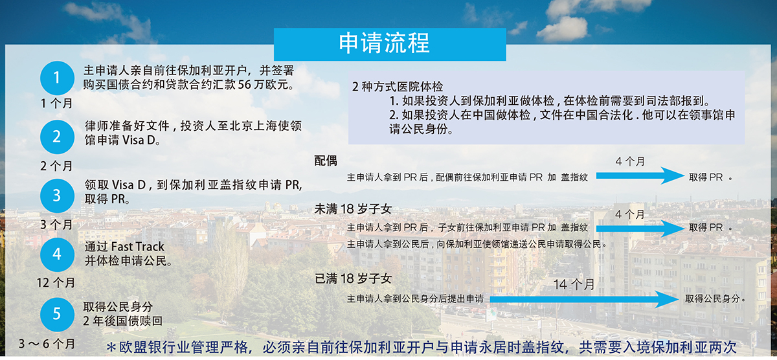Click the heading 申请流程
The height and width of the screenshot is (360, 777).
384,43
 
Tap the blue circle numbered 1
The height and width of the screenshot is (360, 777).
57,78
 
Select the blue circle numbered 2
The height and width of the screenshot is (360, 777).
57,137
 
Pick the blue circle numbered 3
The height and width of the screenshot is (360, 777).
57,196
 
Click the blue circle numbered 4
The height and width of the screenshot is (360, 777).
57,255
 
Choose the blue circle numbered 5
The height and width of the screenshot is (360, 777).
57,315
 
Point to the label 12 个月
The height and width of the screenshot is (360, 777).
56,283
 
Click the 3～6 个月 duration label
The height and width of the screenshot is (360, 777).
47,344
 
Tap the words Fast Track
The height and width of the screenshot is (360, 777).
138,247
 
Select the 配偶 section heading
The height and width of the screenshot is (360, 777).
325,161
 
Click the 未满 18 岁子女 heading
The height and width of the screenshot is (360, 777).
353,208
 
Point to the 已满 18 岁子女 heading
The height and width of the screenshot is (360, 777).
353,278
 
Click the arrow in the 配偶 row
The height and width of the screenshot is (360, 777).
640,176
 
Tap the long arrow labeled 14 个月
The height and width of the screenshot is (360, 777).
584,299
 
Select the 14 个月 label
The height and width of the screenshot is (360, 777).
574,284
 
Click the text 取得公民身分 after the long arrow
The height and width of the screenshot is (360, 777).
712,298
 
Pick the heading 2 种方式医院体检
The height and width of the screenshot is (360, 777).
398,86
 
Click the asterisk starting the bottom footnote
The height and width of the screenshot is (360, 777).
111,348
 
